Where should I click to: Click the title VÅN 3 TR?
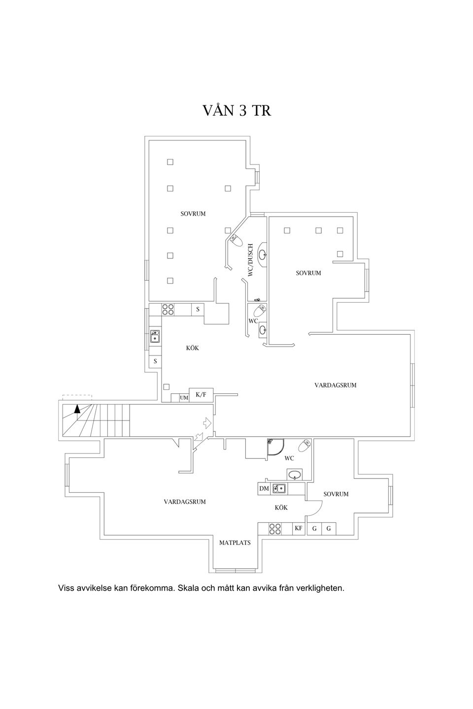point(236,110)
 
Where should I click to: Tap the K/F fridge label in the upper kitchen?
point(201,395)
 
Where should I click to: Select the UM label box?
point(184,398)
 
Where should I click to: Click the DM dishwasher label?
point(264,488)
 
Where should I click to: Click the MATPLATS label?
point(235,543)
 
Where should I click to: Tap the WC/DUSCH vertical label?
point(251,260)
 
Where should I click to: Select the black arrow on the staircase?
point(77,409)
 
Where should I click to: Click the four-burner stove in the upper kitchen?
point(168,309)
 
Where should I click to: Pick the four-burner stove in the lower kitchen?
point(274,529)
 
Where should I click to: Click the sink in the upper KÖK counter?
point(155,336)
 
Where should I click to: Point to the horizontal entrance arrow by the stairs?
point(207,422)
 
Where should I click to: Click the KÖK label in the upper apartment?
point(192,348)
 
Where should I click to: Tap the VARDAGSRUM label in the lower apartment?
point(185,502)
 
